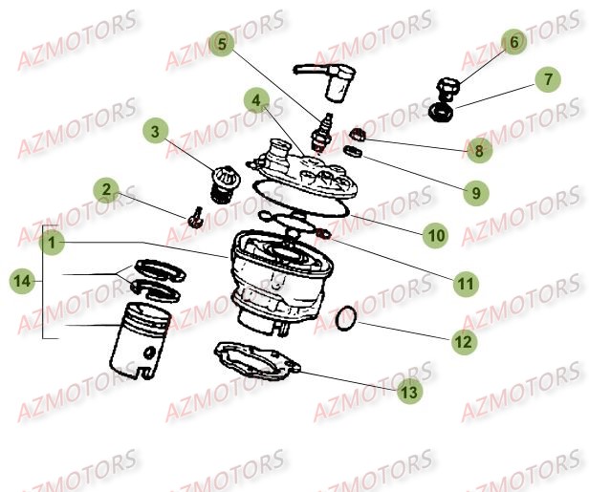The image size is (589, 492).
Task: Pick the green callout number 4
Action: click(255, 99)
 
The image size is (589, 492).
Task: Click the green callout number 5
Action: click(222, 43)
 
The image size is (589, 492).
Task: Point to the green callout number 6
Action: click(513, 42)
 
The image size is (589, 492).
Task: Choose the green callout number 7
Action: click(548, 80)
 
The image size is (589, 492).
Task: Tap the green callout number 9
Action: click(473, 192)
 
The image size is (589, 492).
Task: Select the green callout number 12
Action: click(462, 339)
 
